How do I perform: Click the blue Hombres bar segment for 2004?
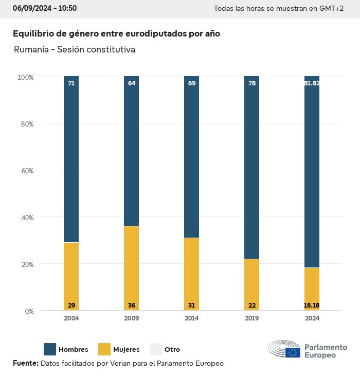[x=71, y=159]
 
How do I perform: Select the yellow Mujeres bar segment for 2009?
[x=131, y=268]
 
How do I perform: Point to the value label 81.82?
[x=312, y=83]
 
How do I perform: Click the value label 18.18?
[x=312, y=306]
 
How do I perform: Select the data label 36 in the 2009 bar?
[x=131, y=306]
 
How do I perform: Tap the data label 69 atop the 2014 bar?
[x=191, y=83]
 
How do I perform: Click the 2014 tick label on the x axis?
[x=191, y=318]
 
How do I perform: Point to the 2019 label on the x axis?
[x=251, y=318]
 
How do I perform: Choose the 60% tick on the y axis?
[x=26, y=170]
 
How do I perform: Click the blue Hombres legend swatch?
[x=50, y=349]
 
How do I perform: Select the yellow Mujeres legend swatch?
[x=104, y=349]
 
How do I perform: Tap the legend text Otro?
[x=172, y=350]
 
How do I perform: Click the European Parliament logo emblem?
[x=284, y=349]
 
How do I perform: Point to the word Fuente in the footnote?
[x=25, y=363]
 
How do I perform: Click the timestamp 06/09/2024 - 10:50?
[x=45, y=8]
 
